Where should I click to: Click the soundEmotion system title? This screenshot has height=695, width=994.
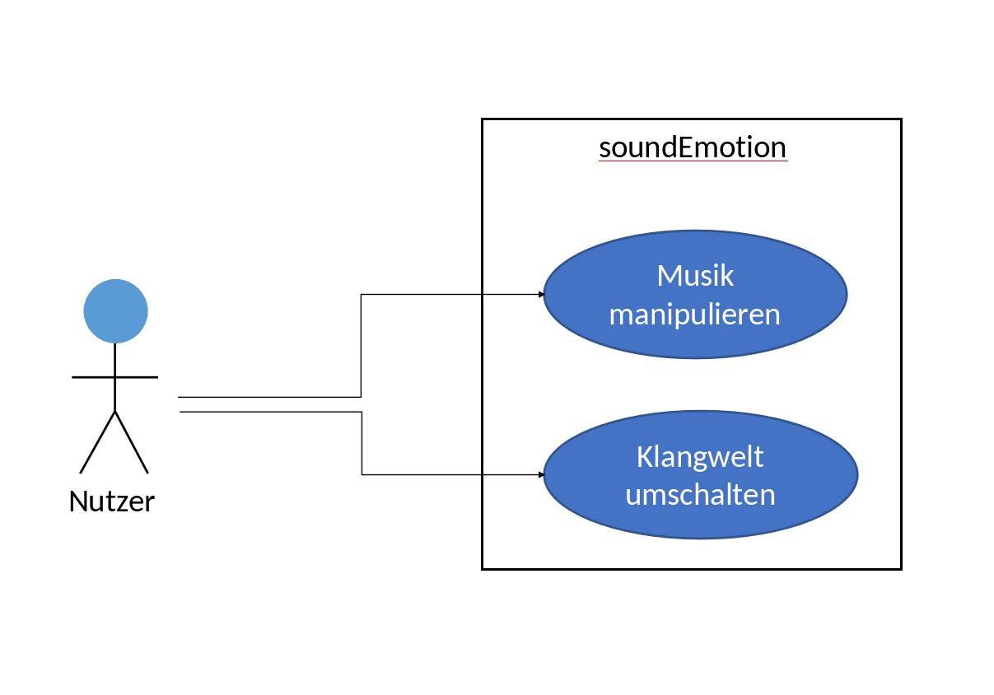click(693, 147)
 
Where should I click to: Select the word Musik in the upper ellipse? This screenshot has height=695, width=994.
click(695, 275)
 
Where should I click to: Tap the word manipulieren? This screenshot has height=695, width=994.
click(694, 314)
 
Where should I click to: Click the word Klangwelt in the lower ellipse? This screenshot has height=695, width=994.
click(700, 456)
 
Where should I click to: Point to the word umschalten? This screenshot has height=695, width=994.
click(700, 494)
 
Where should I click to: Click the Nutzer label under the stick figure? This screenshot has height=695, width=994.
click(112, 501)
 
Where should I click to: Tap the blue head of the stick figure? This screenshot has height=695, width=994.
click(115, 311)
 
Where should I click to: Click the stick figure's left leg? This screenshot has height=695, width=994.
click(97, 442)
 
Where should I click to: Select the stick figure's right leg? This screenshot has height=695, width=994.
click(132, 442)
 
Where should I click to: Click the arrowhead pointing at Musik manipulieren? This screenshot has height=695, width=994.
click(541, 294)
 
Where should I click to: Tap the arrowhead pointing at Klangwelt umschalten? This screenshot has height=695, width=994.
click(541, 475)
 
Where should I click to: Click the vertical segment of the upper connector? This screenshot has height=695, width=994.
click(361, 346)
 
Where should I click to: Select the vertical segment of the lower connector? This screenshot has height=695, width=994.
click(362, 443)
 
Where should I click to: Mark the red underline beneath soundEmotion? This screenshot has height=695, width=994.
click(693, 161)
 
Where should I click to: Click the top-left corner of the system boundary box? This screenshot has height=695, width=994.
click(483, 119)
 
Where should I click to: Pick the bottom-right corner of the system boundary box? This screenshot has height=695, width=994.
click(901, 568)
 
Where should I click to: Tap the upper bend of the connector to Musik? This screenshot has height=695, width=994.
click(361, 294)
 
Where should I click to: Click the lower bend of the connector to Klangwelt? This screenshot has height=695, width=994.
click(362, 475)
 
